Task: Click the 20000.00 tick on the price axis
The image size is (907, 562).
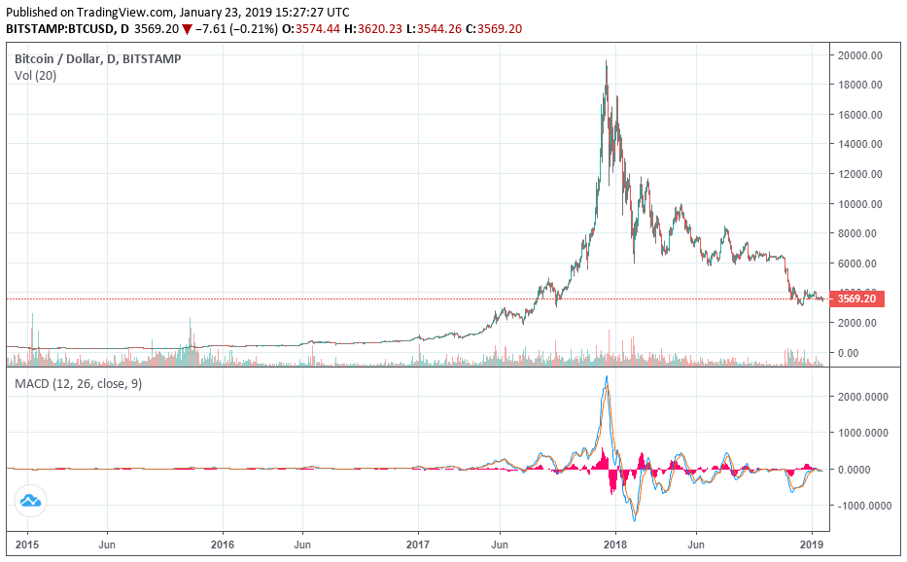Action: [861, 55]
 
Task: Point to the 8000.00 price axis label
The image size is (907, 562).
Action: [861, 233]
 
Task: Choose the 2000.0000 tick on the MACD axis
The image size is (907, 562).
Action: [864, 397]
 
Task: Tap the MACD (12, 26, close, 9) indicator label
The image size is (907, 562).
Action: [78, 384]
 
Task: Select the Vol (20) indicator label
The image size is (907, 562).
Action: [35, 76]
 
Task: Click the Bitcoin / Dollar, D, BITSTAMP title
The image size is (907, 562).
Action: [97, 59]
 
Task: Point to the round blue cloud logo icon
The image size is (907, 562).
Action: [30, 502]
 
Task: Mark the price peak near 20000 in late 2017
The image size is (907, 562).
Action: [607, 62]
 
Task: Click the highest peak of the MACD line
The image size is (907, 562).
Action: [608, 376]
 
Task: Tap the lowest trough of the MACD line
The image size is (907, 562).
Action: [634, 521]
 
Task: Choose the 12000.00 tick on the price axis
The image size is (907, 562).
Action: [861, 174]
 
